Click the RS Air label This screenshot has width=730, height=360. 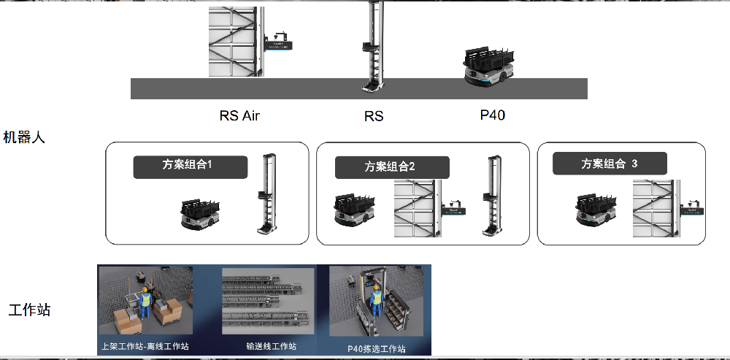click(239, 115)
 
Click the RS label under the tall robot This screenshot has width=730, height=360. click(373, 116)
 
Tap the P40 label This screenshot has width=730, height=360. click(492, 115)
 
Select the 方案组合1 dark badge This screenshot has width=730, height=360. click(190, 166)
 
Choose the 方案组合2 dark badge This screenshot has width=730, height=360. click(392, 167)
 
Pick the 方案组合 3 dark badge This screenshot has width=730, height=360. click(610, 164)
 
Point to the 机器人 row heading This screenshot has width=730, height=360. click(24, 137)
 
